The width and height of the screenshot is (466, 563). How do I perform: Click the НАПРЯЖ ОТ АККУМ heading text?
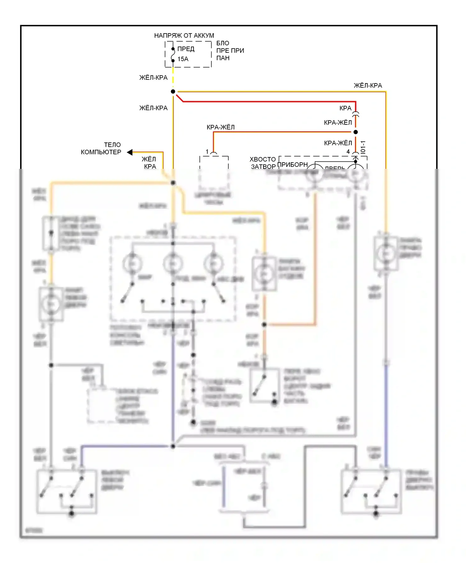coord(184,36)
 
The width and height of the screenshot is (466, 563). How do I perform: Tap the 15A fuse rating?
coord(183,59)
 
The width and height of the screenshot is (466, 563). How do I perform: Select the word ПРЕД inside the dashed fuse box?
coord(186,49)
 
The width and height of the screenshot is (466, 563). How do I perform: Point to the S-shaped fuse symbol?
coord(173,55)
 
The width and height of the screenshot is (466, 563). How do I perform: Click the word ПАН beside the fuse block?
coord(223,58)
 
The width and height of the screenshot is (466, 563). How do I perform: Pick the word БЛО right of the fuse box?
coord(223,43)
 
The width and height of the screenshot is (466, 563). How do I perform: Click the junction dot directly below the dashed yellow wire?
coord(173,92)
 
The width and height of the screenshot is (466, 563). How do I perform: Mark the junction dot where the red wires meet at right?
coord(356,132)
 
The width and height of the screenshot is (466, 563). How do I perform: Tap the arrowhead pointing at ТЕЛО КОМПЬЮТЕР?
coord(130,152)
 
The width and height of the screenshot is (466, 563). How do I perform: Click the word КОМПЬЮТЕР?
coord(101,152)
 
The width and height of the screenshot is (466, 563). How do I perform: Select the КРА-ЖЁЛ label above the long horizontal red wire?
coord(221,127)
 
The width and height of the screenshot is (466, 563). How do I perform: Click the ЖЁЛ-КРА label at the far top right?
coord(368,86)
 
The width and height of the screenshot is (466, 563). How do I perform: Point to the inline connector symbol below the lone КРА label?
coord(356,115)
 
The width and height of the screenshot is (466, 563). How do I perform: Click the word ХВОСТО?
coord(263,159)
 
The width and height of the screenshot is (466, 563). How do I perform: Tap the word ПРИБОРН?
coord(292,164)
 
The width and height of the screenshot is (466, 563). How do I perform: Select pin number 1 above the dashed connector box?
coord(207,151)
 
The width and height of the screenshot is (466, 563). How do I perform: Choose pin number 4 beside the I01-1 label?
coord(348,151)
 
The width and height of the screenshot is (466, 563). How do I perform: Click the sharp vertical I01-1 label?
coord(363,147)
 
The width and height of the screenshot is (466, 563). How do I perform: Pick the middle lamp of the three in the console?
coord(173,263)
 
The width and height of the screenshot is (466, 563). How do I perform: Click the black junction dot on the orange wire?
coord(264,325)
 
